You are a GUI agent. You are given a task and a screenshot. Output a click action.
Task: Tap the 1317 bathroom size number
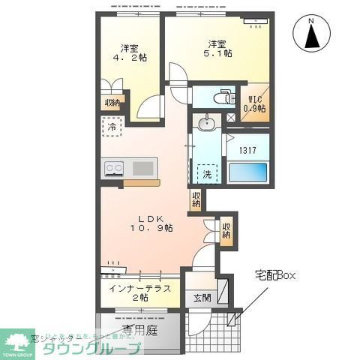point(249,149)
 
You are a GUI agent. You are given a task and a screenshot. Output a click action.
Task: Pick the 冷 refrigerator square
point(111,127)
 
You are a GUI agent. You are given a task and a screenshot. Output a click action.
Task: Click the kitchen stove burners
point(115,169)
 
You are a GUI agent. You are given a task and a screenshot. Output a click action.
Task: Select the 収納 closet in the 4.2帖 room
point(112,103)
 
